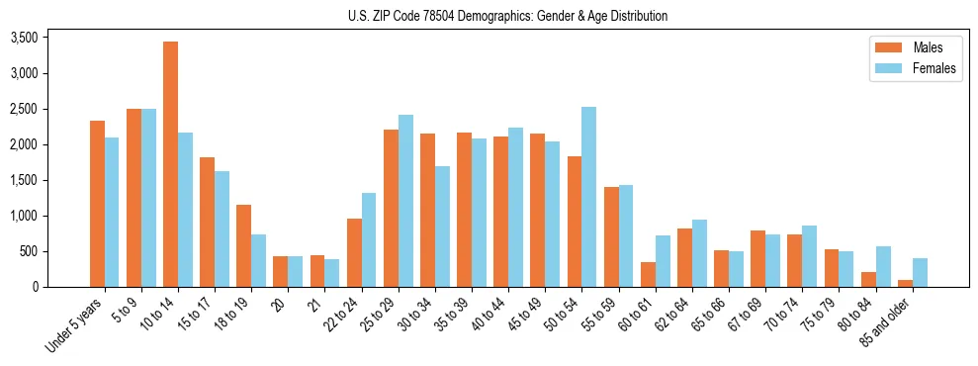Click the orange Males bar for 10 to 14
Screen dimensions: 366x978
pos(170,164)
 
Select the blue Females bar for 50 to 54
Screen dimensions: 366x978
pos(588,197)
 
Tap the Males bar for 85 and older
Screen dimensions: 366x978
pos(905,283)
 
